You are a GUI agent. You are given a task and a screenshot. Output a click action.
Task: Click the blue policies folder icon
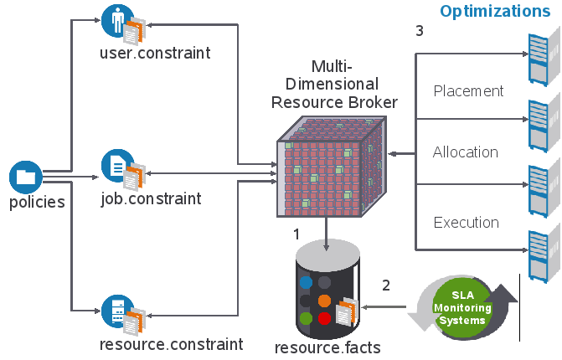click(25, 177)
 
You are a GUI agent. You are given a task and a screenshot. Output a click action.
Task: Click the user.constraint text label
click(155, 53)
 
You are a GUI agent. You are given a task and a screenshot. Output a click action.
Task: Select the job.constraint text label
click(150, 199)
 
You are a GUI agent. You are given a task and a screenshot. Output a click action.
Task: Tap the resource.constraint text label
click(171, 344)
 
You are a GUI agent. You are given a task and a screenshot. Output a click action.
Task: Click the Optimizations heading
click(495, 11)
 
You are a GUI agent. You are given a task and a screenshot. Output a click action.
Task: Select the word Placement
click(468, 90)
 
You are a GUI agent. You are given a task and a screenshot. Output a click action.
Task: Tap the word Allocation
click(466, 152)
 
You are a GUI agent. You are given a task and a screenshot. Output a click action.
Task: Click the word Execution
click(466, 223)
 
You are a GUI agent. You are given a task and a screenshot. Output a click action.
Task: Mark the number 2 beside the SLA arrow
click(386, 285)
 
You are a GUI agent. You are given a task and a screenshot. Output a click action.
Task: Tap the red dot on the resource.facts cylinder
click(324, 318)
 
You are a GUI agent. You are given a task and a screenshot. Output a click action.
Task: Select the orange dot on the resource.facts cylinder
click(325, 300)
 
